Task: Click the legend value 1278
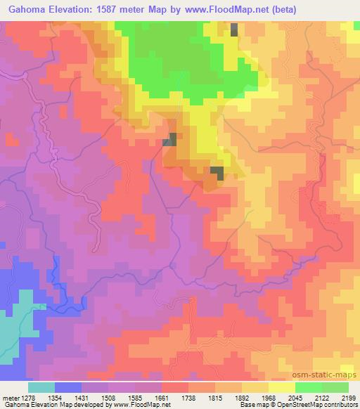26,397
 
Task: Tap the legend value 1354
68,397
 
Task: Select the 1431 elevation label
95,397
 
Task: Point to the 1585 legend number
148,397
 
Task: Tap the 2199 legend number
349,397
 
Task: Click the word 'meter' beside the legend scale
9,397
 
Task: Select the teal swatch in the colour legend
41,387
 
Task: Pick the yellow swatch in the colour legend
282,387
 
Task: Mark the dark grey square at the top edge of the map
234,30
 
